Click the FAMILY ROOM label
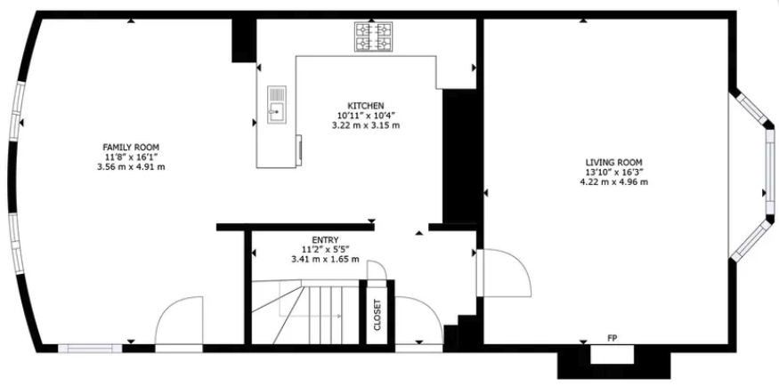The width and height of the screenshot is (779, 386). pyautogui.click(x=131, y=147)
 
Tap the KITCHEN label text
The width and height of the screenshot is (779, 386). pyautogui.click(x=365, y=105)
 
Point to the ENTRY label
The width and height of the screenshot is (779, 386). pyautogui.click(x=324, y=239)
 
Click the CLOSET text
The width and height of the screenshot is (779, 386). pyautogui.click(x=377, y=314)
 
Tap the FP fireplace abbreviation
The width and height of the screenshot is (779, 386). pyautogui.click(x=612, y=339)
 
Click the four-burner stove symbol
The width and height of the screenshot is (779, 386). pyautogui.click(x=374, y=36)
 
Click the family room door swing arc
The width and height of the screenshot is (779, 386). pyautogui.click(x=177, y=321)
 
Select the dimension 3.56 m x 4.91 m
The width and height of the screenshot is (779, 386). pyautogui.click(x=131, y=167)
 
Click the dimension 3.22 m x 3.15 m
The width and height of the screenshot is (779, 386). pyautogui.click(x=365, y=125)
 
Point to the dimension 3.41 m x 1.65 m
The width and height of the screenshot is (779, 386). pyautogui.click(x=324, y=260)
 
